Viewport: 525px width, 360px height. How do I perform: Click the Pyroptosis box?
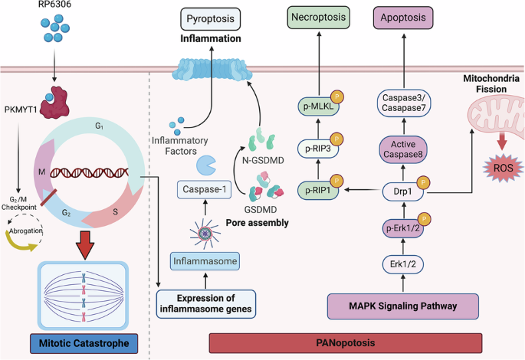[210, 18]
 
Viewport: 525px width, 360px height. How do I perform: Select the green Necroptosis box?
[318, 17]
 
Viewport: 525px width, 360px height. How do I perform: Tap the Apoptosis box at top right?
[403, 18]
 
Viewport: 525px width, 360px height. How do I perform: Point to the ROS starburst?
[503, 168]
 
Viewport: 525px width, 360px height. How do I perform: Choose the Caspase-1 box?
[204, 189]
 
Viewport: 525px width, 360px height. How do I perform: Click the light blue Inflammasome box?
[205, 261]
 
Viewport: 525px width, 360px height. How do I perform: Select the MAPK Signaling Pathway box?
[403, 306]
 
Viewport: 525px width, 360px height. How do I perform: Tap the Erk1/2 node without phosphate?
[403, 264]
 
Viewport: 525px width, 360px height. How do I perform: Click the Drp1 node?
[403, 191]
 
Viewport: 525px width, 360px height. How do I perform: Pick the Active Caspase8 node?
[403, 149]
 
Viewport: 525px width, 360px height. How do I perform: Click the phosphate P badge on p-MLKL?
[337, 97]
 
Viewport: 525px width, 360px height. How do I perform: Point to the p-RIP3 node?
[318, 149]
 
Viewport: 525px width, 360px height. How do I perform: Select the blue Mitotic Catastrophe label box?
[84, 343]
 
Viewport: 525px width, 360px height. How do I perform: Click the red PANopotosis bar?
[346, 343]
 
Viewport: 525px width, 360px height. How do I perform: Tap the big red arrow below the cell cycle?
[85, 244]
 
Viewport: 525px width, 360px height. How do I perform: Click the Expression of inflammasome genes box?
[206, 303]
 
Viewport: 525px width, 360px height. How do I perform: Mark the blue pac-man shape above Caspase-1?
[206, 165]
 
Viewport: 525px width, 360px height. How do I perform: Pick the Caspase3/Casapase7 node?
[403, 103]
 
